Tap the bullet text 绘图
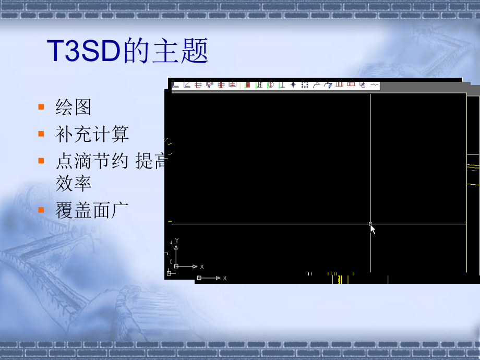(x=74, y=107)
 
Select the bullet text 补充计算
(x=92, y=135)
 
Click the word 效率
(x=74, y=183)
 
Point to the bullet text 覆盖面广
(x=92, y=210)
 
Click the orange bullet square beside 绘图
(x=41, y=107)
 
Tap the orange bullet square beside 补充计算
(x=41, y=134)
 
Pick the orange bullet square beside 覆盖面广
(x=41, y=210)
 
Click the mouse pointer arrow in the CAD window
(x=373, y=230)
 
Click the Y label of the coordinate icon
(x=177, y=241)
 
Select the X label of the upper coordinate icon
(x=202, y=267)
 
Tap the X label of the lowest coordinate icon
(x=225, y=278)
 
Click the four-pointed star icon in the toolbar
(x=293, y=85)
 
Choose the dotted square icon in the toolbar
(x=305, y=85)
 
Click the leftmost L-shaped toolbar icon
(x=175, y=84)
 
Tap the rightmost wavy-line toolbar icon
(x=374, y=85)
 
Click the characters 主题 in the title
(x=181, y=52)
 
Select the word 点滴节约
(x=92, y=162)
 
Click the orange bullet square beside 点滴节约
(x=41, y=161)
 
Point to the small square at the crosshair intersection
(x=370, y=224)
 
